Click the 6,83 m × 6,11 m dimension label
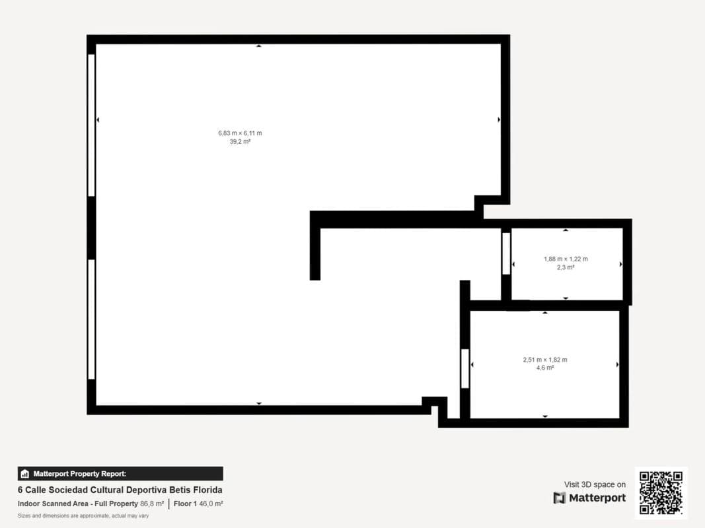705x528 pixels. coord(240,133)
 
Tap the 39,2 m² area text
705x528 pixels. coord(240,141)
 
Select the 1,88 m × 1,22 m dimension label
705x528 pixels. coord(566,259)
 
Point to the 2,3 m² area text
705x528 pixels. coord(566,267)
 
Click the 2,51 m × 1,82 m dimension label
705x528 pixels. coord(545,360)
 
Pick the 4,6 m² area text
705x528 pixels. coord(545,368)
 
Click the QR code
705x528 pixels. coord(661,492)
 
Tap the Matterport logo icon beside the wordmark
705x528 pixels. coord(560,498)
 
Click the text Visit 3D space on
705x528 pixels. coord(595,484)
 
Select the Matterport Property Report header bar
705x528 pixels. coord(120,474)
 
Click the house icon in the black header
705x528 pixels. coord(24,474)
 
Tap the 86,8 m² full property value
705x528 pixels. coord(152,504)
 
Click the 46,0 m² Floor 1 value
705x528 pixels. coord(211,504)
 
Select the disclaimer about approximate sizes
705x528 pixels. coord(83,516)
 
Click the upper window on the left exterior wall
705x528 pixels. coord(91,125)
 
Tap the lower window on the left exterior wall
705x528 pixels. coord(91,319)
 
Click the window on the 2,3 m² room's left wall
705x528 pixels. coord(506,253)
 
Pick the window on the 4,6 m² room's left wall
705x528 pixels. coord(465,369)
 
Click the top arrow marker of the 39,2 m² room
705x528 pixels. coord(258,46)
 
